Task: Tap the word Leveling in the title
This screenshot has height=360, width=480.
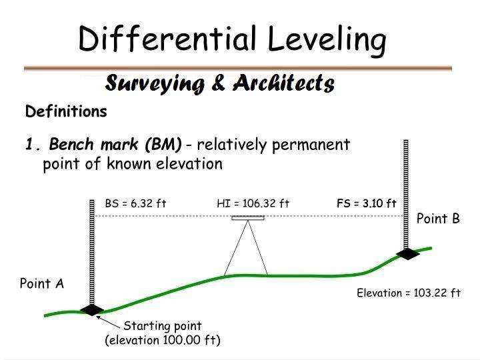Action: (327, 40)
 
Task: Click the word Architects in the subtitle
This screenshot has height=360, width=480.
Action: (284, 83)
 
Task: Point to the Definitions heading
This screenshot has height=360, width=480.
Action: (66, 111)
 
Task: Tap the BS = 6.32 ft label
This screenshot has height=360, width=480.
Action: (135, 203)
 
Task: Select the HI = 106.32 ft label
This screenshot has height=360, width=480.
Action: (253, 203)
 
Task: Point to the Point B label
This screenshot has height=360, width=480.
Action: (438, 219)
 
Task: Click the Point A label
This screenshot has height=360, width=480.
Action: (41, 283)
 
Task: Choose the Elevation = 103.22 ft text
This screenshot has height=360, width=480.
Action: (409, 293)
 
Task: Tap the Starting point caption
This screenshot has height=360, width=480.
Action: (163, 326)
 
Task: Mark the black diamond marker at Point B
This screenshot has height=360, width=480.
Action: (406, 253)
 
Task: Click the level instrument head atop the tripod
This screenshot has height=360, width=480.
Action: (248, 217)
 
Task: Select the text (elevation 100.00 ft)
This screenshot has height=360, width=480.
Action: (163, 340)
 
